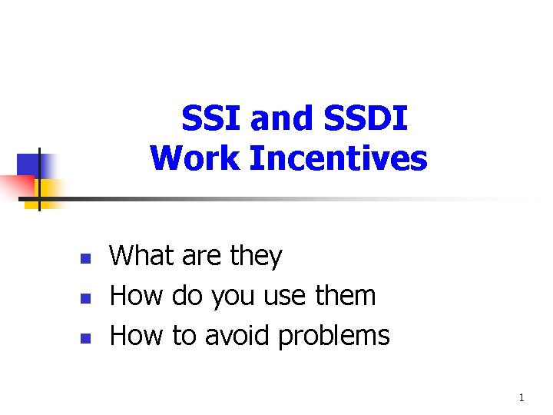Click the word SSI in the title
pos(210,118)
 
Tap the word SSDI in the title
pos(366,118)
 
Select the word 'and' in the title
pos(281,118)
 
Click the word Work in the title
pos(194,158)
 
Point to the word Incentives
pos(339,158)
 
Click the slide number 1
pos(522,398)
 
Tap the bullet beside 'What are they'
pos(86,259)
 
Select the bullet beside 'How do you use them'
pos(86,298)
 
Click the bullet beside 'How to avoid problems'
pos(86,338)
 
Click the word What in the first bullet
pos(142,255)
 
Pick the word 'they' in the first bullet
pos(257,257)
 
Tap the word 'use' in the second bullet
pos(285,297)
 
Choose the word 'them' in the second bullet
pos(346,294)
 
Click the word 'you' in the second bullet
pos(233,299)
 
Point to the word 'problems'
pos(334,337)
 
